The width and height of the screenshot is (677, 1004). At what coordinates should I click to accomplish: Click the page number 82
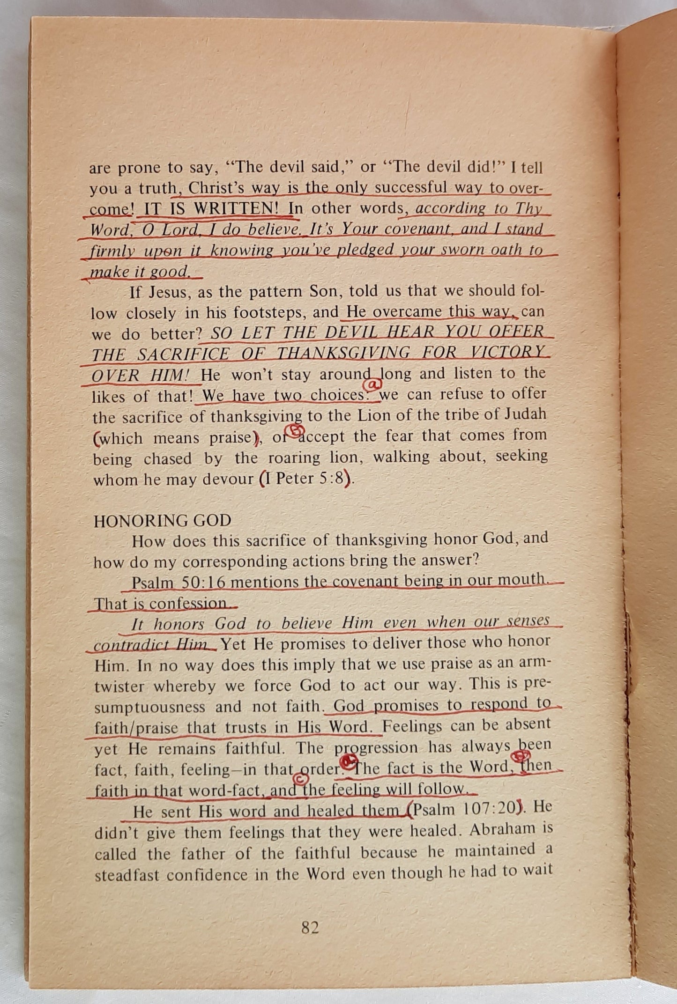pyautogui.click(x=311, y=927)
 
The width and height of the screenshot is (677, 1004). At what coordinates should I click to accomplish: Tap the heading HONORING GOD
pyautogui.click(x=162, y=521)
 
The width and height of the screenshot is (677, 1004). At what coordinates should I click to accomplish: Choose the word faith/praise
pyautogui.click(x=136, y=728)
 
